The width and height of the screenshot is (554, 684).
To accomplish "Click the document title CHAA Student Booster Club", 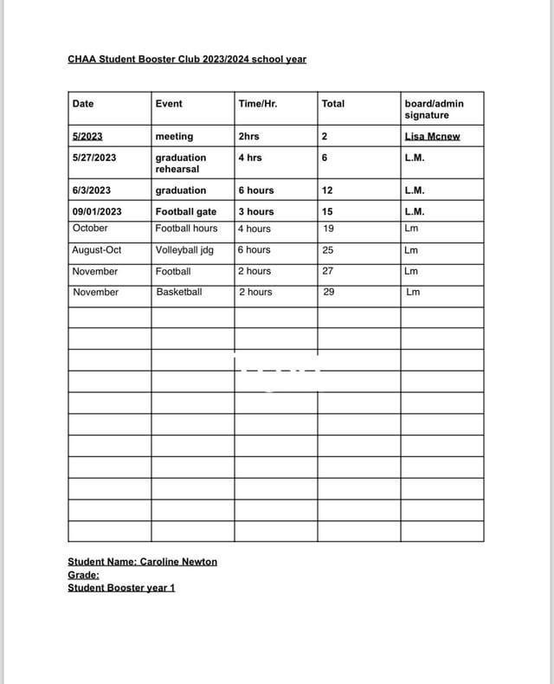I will tap(186, 60).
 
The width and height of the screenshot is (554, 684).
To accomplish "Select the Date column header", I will tap(83, 104).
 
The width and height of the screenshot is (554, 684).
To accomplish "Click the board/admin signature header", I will tap(434, 109).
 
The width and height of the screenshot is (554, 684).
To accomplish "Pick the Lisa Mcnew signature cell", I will tap(432, 137).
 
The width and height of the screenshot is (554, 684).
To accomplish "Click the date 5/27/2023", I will tap(94, 158).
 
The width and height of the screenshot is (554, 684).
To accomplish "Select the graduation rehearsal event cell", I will tap(181, 163).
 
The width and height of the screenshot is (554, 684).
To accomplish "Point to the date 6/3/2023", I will tap(92, 190).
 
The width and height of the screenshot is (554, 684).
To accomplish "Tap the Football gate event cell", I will tap(185, 211).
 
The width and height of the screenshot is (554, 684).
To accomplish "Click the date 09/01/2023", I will tap(97, 211).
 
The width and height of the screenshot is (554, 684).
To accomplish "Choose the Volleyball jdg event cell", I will tap(184, 250).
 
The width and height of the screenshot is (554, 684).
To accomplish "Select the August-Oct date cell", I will tap(97, 250).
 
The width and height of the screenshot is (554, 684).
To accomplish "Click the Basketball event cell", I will tap(179, 293).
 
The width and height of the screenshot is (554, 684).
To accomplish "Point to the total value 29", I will tap(328, 293).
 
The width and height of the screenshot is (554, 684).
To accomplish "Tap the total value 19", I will tap(328, 229).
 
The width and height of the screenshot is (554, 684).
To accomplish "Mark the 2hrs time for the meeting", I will tap(248, 137).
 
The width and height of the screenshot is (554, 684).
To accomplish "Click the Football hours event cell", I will tap(186, 229).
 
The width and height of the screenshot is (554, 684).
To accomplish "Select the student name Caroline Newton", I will tap(142, 562).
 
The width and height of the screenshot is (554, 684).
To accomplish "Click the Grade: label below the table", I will tap(83, 575).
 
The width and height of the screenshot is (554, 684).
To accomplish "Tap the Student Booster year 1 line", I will tap(121, 588).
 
